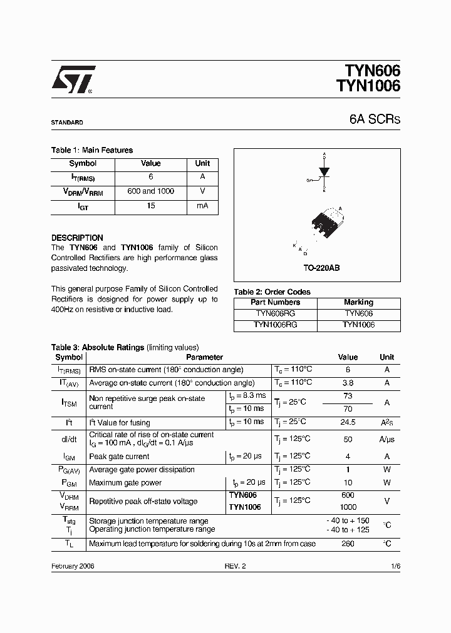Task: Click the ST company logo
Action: pyautogui.click(x=73, y=80)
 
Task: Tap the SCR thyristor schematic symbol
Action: pyautogui.click(x=323, y=171)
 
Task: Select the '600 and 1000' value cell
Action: pyautogui.click(x=150, y=191)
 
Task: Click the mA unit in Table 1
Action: pyautogui.click(x=202, y=206)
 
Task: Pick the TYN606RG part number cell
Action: pyautogui.click(x=276, y=313)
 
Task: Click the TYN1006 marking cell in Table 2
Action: pyautogui.click(x=358, y=325)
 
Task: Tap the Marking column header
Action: pyautogui.click(x=358, y=302)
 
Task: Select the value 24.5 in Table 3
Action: pyautogui.click(x=348, y=422)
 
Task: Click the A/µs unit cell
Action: pyautogui.click(x=386, y=439)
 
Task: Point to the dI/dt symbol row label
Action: pyautogui.click(x=69, y=439)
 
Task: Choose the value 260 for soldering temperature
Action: pyautogui.click(x=348, y=544)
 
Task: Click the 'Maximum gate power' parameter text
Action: pyautogui.click(x=125, y=483)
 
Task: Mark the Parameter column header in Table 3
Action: pyautogui.click(x=204, y=357)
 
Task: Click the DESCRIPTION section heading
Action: pyautogui.click(x=77, y=238)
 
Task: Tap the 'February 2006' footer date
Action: pyautogui.click(x=73, y=565)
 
